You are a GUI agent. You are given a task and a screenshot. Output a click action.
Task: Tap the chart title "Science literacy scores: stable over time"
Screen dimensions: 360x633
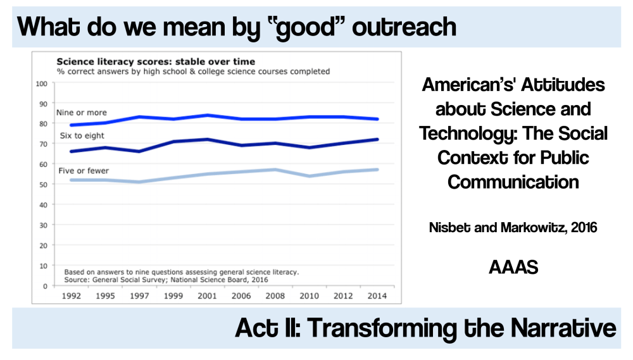[x=156, y=61]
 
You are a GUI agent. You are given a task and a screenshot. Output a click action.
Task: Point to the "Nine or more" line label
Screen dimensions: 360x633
[x=82, y=113]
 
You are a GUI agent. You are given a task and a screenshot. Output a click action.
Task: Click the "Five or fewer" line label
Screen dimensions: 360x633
[x=83, y=171]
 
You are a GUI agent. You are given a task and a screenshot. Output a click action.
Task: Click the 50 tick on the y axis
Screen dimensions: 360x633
[x=44, y=185]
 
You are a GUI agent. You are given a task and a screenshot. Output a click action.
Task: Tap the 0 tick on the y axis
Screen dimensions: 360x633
[x=46, y=286]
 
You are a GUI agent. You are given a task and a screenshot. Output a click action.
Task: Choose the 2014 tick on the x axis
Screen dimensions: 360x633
[x=378, y=295]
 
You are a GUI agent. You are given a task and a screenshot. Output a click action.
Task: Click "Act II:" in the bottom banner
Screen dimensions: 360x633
[x=266, y=328]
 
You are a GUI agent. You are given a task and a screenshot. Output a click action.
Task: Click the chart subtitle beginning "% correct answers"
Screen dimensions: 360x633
[x=193, y=71]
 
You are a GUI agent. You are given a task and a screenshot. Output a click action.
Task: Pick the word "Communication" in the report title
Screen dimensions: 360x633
[x=513, y=182]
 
